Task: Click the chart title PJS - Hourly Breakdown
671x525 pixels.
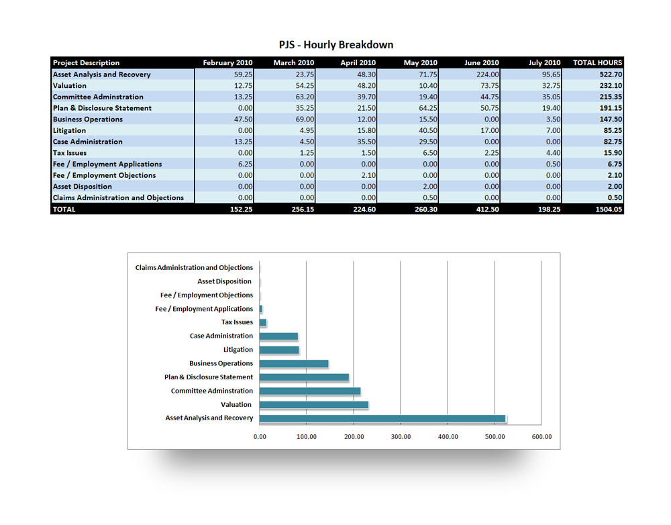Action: (x=336, y=45)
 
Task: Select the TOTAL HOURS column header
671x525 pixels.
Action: (x=597, y=63)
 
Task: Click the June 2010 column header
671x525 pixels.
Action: (x=481, y=63)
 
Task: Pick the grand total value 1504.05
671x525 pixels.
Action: (x=607, y=209)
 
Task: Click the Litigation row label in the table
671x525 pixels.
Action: (x=70, y=130)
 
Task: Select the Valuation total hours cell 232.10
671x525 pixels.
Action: (x=610, y=86)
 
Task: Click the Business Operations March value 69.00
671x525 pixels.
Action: (x=305, y=120)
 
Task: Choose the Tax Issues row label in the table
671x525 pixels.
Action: (x=70, y=153)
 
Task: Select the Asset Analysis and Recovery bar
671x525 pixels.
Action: (x=382, y=418)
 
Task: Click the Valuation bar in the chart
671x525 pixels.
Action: (x=313, y=405)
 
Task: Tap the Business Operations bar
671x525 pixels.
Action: (x=294, y=364)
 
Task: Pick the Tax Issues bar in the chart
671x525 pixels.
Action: (x=263, y=323)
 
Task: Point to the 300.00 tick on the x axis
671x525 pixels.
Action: (x=401, y=437)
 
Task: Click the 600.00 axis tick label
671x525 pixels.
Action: (x=541, y=437)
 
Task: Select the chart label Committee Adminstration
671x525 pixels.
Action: (x=212, y=391)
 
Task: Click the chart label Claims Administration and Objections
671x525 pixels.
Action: (x=194, y=268)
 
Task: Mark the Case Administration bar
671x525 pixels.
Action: (x=278, y=336)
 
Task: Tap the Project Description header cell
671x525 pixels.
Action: (x=87, y=63)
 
